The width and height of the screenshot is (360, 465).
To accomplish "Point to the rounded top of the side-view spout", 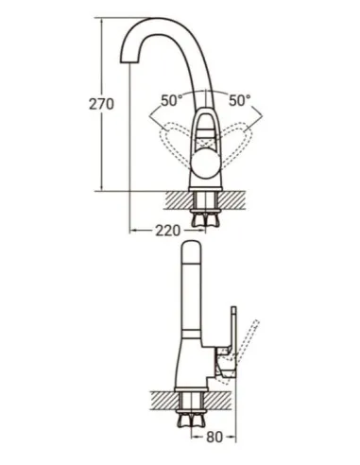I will pos(193,248).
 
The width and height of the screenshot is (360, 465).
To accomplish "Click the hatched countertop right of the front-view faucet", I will pos(237,198).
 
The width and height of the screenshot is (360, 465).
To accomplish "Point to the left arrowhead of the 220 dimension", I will pos(132,230).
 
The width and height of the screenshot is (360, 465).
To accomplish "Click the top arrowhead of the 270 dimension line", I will pos(102,21).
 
